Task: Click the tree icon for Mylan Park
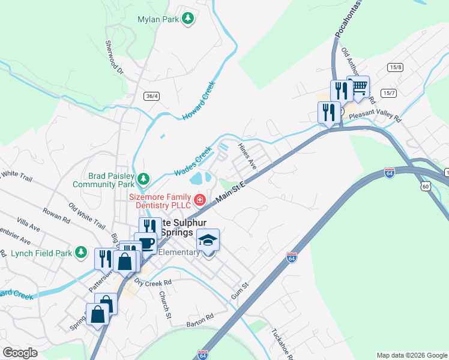[188, 19]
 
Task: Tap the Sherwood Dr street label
[113, 58]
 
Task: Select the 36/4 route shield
[152, 95]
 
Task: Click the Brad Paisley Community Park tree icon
[143, 178]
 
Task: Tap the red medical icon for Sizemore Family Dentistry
[199, 199]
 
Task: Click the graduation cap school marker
[208, 241]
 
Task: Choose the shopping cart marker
[359, 88]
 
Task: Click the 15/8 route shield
[395, 67]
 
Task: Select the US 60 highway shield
[426, 187]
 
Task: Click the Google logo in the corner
[20, 352]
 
